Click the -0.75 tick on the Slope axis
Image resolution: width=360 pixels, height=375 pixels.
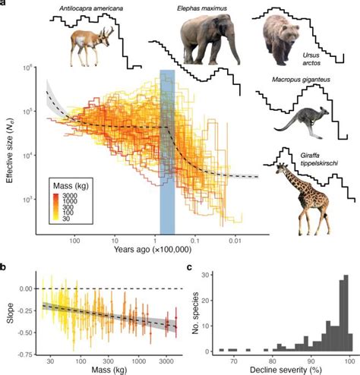(17, 353)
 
